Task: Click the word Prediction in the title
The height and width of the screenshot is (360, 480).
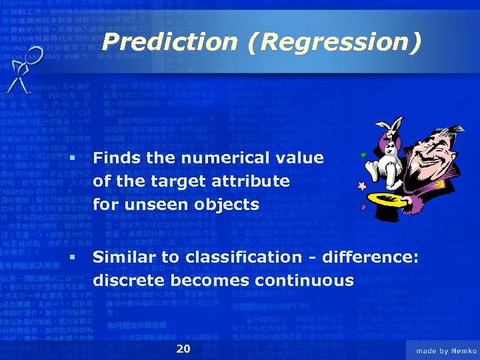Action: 170,43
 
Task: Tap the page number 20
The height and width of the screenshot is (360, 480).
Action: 183,349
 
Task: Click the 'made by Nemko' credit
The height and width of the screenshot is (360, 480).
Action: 445,351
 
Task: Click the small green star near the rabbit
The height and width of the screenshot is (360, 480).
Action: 364,155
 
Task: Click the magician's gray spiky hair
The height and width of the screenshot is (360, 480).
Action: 440,133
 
